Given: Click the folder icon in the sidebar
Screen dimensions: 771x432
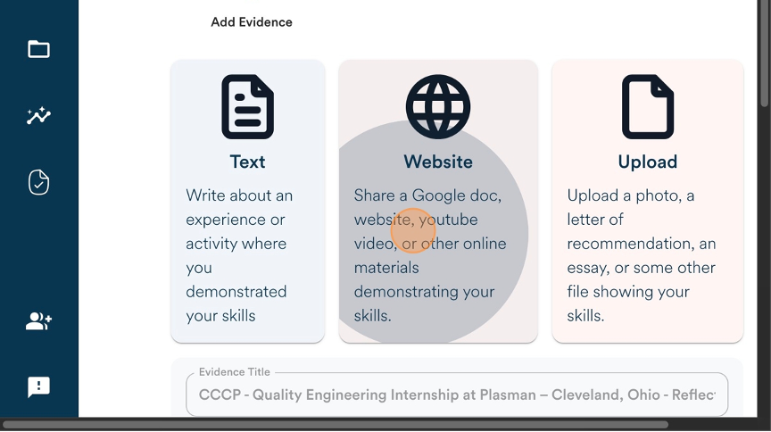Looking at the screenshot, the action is point(39,49).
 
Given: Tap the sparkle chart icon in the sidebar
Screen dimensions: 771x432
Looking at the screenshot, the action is point(39,116).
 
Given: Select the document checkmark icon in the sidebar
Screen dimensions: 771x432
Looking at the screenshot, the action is point(39,182).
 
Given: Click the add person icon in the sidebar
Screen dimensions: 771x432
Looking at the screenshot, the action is point(39,321).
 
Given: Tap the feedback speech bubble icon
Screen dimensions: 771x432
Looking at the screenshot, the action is point(39,387).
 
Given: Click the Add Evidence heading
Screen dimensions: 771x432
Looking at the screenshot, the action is point(252,22).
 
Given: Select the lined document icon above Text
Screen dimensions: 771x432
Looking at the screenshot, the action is point(248,107).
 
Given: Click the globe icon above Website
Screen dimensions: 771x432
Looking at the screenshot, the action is point(438,107).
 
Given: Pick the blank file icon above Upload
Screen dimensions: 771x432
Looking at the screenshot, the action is point(648,107).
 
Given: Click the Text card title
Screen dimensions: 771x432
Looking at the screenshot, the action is point(248,162).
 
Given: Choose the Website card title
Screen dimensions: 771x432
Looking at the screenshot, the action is point(438,162).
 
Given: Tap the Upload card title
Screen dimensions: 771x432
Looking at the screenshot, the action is point(648,162).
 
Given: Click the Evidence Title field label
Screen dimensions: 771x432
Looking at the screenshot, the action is point(235,372).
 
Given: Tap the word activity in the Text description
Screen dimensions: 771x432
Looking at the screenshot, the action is point(236,244).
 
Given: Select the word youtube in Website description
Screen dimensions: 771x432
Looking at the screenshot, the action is point(448,220).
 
